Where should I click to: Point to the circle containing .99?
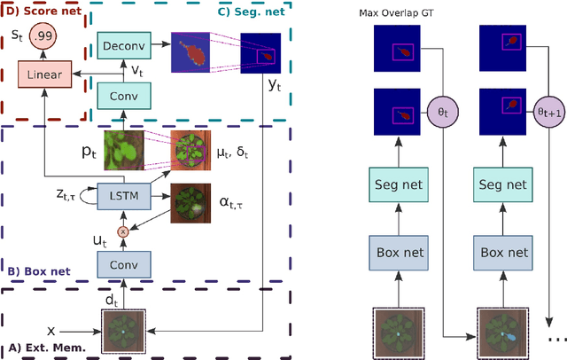click(49, 37)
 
